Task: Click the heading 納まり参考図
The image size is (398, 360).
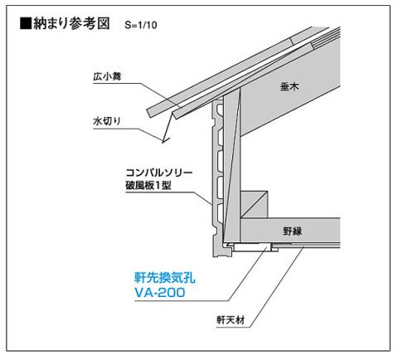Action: (x=71, y=23)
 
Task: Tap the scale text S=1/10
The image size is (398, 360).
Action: (x=141, y=25)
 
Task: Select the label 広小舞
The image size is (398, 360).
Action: (x=107, y=76)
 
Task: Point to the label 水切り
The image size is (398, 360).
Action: (x=107, y=121)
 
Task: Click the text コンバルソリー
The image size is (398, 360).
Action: (x=159, y=173)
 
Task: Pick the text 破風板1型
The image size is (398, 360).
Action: (x=148, y=185)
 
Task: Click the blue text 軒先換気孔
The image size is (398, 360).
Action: (x=165, y=278)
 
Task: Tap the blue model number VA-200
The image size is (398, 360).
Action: (x=160, y=293)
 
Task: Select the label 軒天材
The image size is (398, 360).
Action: (x=231, y=320)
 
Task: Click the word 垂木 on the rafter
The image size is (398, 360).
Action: (x=289, y=86)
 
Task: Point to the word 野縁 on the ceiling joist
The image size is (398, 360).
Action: (x=293, y=231)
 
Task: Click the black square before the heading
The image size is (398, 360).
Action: (x=26, y=23)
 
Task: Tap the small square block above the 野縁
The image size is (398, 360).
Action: (x=254, y=204)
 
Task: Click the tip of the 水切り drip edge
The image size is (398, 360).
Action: (x=163, y=142)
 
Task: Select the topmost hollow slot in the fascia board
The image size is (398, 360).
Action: (x=220, y=109)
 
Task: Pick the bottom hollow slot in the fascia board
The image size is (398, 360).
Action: (x=220, y=213)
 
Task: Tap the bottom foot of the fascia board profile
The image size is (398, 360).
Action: (x=222, y=251)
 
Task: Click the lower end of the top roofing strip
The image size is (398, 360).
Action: (x=148, y=113)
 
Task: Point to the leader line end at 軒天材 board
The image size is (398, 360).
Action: (x=303, y=247)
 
